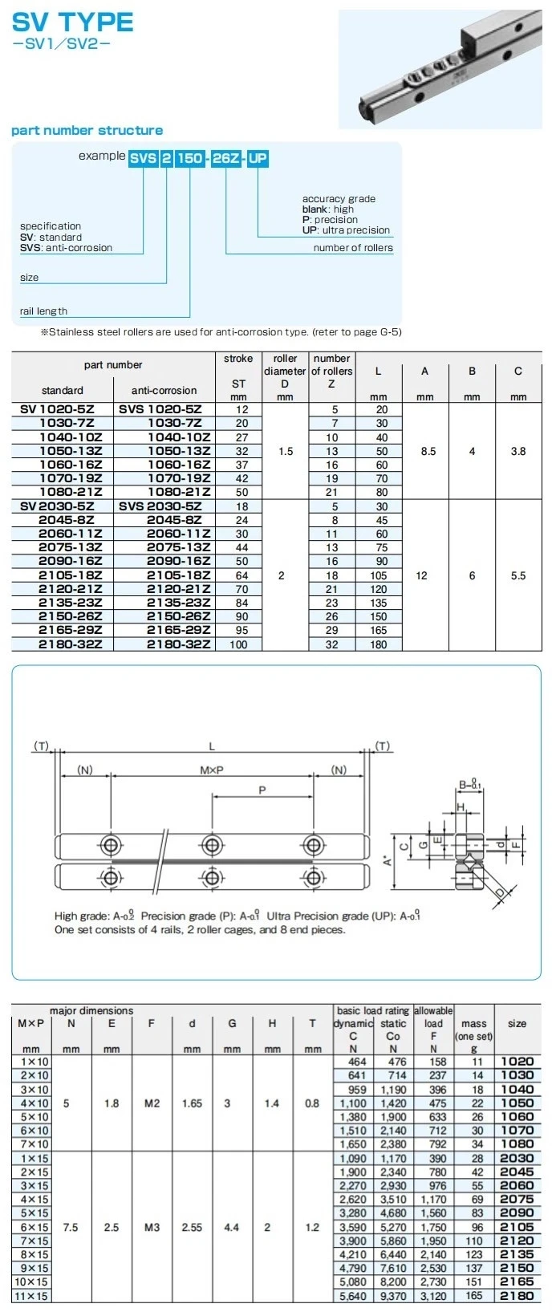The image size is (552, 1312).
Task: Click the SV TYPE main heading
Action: tap(73, 22)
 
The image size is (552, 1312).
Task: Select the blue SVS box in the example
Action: tap(143, 158)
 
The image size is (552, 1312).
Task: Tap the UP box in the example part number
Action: tap(258, 158)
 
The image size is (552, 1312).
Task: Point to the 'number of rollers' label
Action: tap(353, 248)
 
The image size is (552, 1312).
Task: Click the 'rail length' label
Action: tap(43, 311)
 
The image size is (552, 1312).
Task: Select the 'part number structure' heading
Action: tap(87, 130)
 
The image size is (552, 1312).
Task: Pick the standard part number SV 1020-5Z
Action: tap(57, 409)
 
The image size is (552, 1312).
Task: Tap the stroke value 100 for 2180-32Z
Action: tap(238, 644)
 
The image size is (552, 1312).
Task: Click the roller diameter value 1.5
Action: tap(286, 451)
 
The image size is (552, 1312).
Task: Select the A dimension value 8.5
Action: tap(428, 451)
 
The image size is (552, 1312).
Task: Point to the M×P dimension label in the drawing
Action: tap(212, 770)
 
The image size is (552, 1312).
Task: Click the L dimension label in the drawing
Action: tap(212, 746)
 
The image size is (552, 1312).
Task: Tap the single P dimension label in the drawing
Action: tap(262, 790)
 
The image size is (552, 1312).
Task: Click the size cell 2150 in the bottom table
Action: tap(517, 1268)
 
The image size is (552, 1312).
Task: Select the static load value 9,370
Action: tap(393, 1295)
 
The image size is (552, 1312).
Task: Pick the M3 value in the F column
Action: tap(152, 1227)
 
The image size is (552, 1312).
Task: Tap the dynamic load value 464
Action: tap(357, 1062)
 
